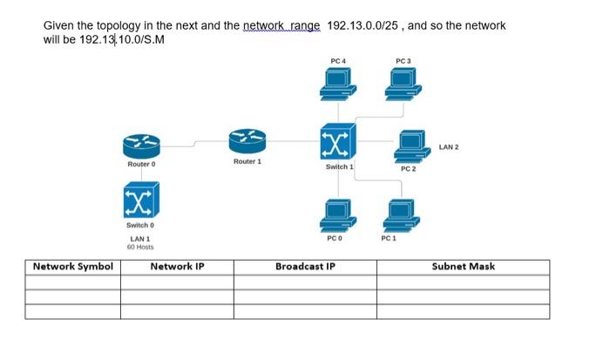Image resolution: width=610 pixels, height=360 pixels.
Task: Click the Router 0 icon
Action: coord(141,145)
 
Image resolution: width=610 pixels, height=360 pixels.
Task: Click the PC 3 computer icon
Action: coord(402,84)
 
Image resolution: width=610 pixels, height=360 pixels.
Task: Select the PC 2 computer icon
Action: coord(411,145)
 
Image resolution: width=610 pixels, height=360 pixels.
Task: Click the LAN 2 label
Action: coord(449,146)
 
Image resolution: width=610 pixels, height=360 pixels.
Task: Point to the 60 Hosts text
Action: coord(140,248)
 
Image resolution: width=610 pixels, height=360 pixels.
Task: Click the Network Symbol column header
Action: coord(72,267)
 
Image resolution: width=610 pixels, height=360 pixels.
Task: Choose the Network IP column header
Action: coord(177,267)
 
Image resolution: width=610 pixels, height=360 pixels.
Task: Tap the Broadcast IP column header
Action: coord(305,267)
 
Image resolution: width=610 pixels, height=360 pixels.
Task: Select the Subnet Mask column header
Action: coord(463,267)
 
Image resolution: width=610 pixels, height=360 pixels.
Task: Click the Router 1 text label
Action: coord(247,162)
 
